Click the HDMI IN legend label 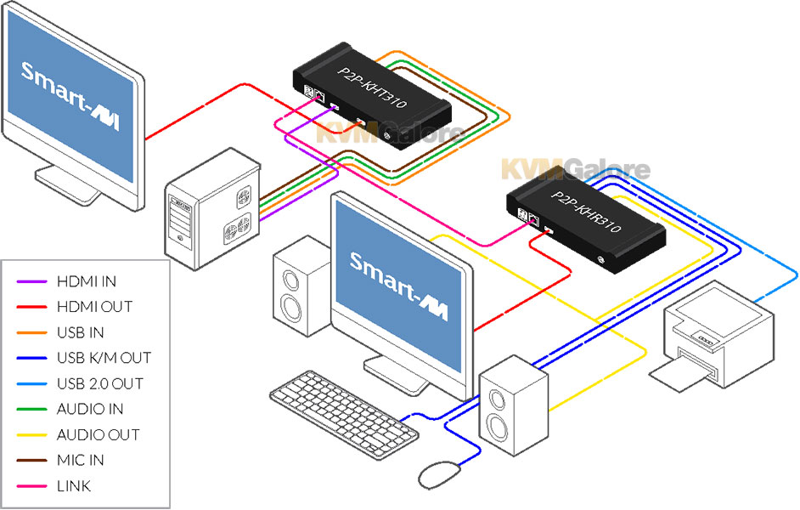(x=87, y=280)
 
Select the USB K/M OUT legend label (x=104, y=358)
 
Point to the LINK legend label (x=73, y=486)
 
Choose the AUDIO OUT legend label (x=98, y=435)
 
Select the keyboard (x=343, y=411)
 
